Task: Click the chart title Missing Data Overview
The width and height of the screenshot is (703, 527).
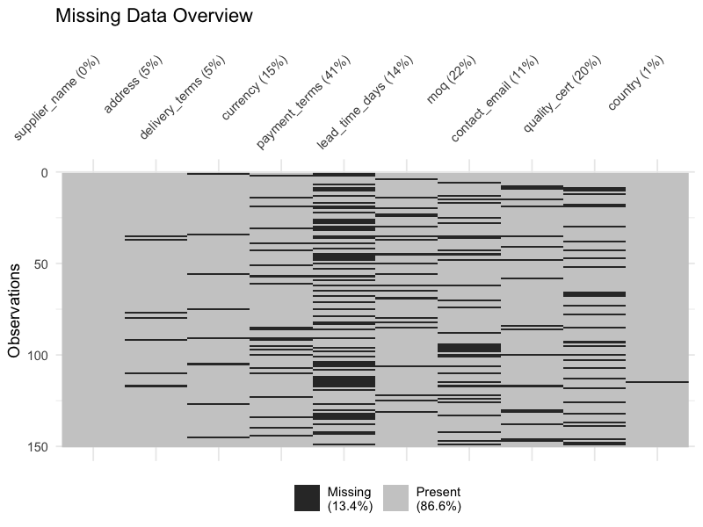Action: click(154, 16)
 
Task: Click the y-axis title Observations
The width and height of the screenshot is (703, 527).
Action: click(14, 308)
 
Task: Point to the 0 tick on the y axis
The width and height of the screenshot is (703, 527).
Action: click(44, 172)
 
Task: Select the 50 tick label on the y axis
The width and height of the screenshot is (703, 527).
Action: click(40, 263)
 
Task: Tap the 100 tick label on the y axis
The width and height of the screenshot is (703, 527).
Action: click(37, 355)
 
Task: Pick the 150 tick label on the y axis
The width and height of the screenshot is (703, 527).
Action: click(37, 446)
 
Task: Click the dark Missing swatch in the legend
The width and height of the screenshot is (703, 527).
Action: click(308, 498)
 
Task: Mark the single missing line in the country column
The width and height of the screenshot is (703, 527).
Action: click(657, 382)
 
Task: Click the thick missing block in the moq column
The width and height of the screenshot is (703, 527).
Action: click(469, 349)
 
